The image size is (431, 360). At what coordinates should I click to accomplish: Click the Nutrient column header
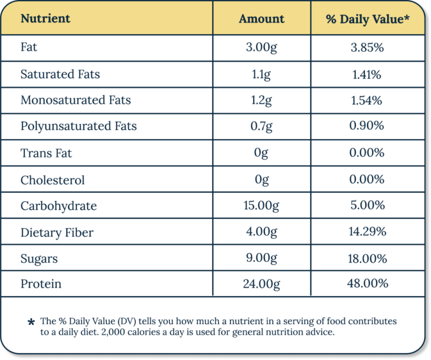(45, 19)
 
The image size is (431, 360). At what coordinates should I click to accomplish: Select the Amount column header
(262, 19)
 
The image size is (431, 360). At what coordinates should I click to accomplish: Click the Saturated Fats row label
(60, 74)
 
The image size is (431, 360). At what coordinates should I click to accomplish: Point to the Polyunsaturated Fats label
(79, 126)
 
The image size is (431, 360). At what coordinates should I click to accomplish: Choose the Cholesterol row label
(53, 180)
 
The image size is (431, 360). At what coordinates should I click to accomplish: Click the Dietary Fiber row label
(57, 232)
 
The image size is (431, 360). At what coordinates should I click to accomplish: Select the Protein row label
(41, 284)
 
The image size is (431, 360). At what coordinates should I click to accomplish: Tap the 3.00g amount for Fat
(262, 48)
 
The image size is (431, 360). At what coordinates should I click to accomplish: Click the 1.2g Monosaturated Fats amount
(262, 100)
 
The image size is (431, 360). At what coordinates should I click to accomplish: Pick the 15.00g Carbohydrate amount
(262, 206)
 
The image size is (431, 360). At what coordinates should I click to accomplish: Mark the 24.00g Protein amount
(262, 284)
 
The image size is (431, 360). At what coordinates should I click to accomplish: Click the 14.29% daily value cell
(367, 232)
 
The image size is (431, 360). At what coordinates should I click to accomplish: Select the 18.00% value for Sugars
(367, 259)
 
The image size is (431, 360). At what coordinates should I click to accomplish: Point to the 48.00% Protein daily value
(367, 284)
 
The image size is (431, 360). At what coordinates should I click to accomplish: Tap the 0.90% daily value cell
(367, 126)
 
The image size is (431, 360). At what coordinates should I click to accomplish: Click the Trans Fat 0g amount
(262, 153)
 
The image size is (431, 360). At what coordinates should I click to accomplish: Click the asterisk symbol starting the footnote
(31, 323)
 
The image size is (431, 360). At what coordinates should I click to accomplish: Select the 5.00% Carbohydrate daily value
(367, 206)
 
